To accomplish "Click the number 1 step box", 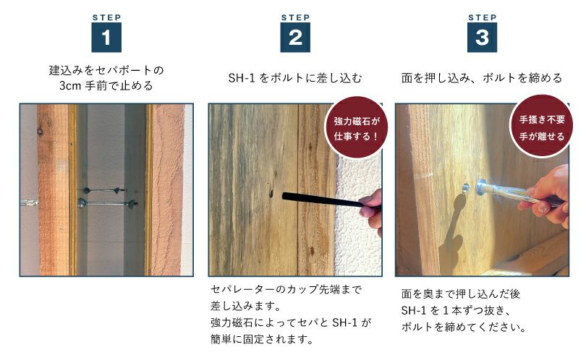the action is (x=106, y=38).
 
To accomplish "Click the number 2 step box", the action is (x=295, y=38).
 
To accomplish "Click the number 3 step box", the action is (x=482, y=38).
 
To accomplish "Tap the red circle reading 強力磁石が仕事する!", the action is (x=356, y=127).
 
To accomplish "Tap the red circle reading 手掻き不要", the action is (x=542, y=126).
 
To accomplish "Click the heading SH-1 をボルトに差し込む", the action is (x=295, y=78).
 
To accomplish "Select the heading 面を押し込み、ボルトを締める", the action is (x=482, y=78).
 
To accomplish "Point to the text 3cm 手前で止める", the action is (x=106, y=86).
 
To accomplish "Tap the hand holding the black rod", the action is (x=372, y=211).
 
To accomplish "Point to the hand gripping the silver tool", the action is (x=548, y=196).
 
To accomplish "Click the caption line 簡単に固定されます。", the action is (x=262, y=339).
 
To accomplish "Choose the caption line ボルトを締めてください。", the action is (x=464, y=327).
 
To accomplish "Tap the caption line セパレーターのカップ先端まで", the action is (x=286, y=289).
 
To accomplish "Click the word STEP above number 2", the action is (x=295, y=17).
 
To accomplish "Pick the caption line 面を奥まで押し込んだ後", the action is (x=461, y=294).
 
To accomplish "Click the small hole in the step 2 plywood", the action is (x=270, y=193).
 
